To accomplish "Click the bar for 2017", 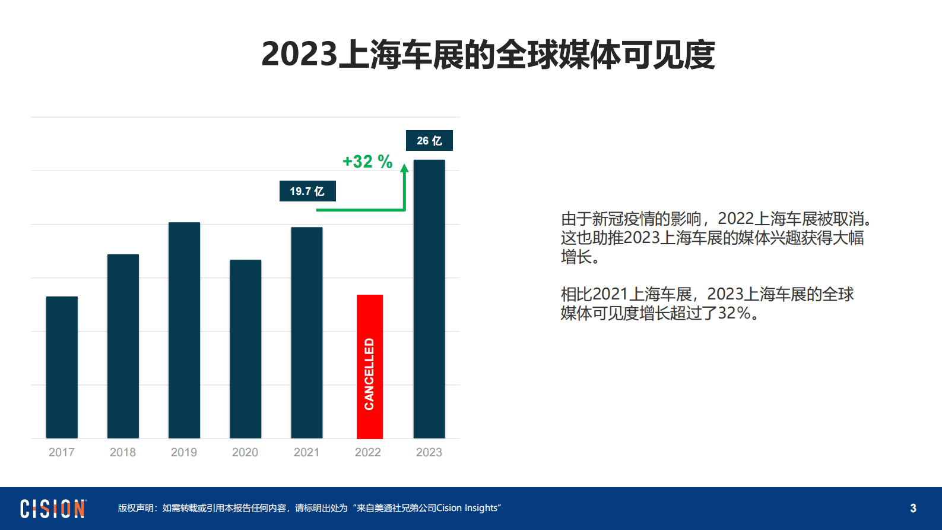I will point(62,367).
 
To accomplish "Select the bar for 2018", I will point(123,346).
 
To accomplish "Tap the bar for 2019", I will point(184,330).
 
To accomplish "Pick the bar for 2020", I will point(245,349).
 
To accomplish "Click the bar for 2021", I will point(306,333).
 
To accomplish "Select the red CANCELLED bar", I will point(369,367).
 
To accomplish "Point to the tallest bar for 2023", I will point(429,299).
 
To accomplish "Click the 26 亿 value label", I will point(429,141).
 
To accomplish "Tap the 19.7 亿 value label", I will point(307,191).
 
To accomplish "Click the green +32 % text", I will point(367,162).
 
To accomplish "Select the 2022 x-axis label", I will point(368,452).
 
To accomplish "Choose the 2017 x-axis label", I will point(62,452).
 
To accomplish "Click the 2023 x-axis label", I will point(429,452).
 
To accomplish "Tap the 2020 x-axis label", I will point(245,452).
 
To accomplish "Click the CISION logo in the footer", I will point(53,509).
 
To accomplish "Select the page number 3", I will point(913,509).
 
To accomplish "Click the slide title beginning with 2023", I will point(488,55).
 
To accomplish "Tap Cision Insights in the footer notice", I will point(467,508).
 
